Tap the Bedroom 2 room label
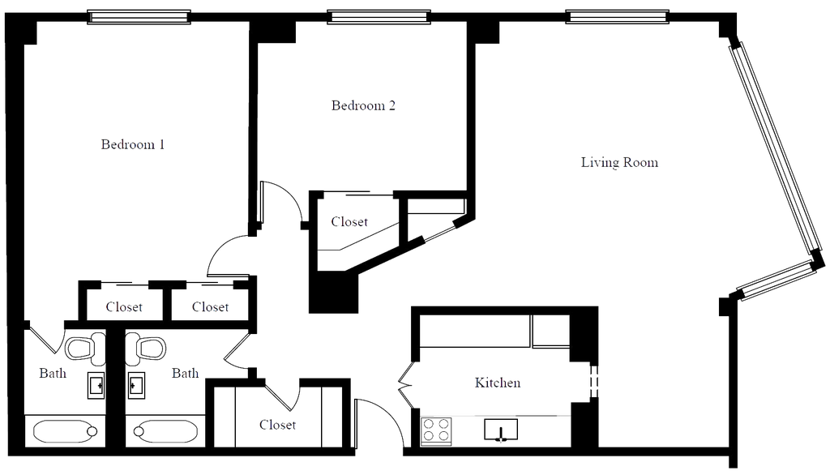[x=363, y=105]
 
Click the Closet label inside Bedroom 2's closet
[x=350, y=221]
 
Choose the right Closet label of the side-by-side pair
[x=212, y=307]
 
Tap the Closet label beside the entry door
[x=278, y=423]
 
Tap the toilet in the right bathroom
[x=150, y=347]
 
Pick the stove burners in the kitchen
[x=435, y=428]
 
